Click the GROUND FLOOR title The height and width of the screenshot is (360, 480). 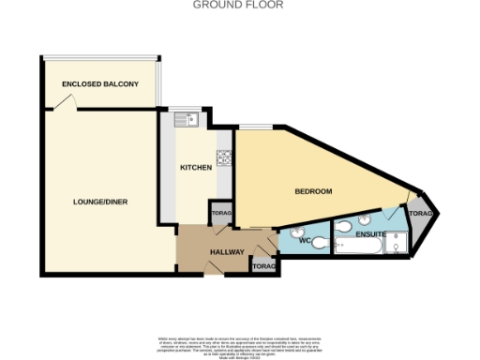tap(239, 5)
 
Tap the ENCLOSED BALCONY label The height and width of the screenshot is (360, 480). tap(100, 84)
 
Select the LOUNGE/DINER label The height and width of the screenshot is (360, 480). tap(101, 202)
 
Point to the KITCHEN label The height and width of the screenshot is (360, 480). tap(196, 168)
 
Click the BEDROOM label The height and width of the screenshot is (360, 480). tap(314, 191)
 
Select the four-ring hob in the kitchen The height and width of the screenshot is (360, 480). tap(224, 158)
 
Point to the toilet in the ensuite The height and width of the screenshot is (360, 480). tap(343, 226)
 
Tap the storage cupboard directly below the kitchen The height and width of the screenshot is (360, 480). tap(221, 214)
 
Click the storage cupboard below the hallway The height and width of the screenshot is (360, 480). tap(264, 267)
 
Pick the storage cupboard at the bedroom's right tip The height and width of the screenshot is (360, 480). tap(424, 215)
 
